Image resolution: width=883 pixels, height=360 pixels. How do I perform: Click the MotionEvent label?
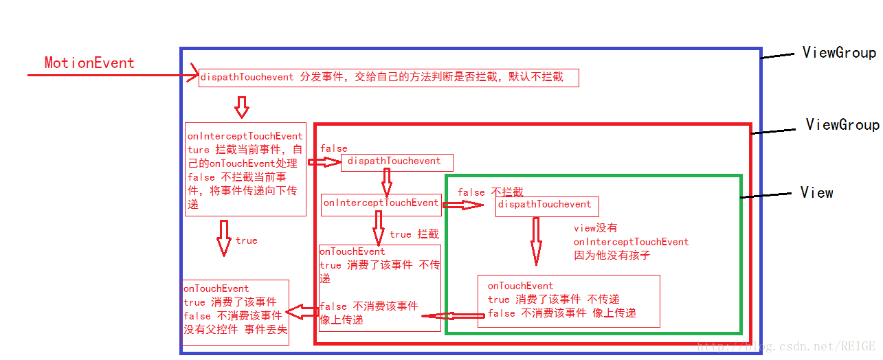(89, 63)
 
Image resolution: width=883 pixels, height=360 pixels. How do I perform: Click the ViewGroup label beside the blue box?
(839, 53)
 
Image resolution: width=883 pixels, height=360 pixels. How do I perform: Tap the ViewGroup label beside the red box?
(842, 124)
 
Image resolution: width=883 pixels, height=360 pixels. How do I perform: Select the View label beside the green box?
(816, 193)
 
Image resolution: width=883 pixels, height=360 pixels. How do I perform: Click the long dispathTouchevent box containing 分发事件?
(389, 78)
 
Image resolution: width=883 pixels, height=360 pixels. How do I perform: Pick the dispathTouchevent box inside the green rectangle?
(547, 205)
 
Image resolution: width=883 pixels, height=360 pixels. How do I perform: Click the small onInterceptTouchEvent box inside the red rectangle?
(381, 203)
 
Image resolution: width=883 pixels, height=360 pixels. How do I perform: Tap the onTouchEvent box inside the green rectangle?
(568, 301)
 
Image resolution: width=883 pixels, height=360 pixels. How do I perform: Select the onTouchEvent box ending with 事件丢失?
(235, 313)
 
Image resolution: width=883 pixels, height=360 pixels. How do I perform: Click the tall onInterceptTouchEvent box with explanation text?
(245, 169)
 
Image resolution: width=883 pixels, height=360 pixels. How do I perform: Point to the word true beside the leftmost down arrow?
(246, 241)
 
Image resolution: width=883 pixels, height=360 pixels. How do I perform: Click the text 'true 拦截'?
(414, 235)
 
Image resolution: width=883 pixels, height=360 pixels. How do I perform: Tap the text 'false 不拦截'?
(490, 193)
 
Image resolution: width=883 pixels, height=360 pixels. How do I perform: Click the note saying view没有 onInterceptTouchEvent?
(631, 242)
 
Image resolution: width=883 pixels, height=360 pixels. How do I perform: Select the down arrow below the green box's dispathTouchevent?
(536, 241)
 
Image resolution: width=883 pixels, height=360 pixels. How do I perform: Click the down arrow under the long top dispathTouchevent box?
(241, 106)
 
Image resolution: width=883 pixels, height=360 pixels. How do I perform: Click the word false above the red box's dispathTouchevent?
(333, 148)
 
